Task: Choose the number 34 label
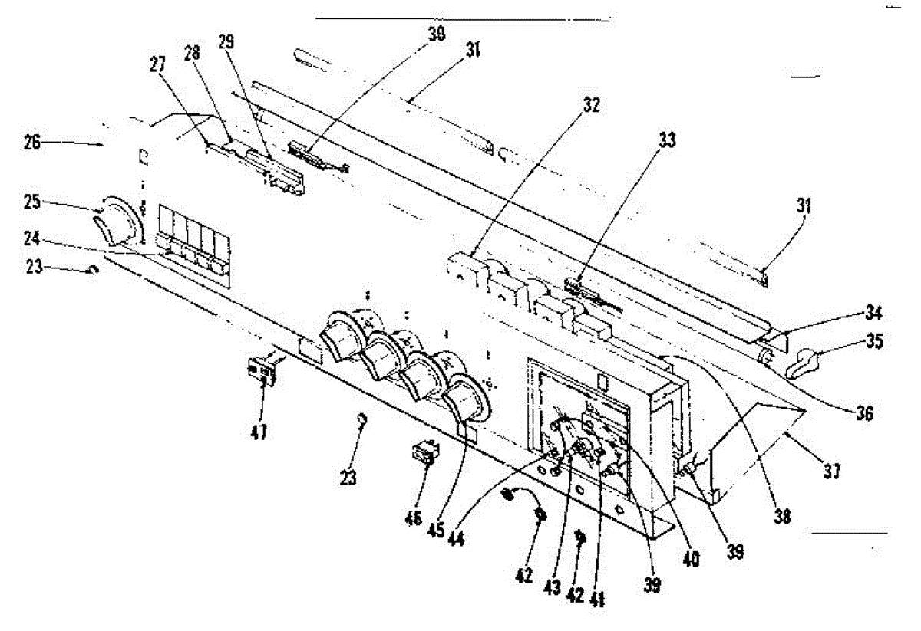click(x=870, y=313)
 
